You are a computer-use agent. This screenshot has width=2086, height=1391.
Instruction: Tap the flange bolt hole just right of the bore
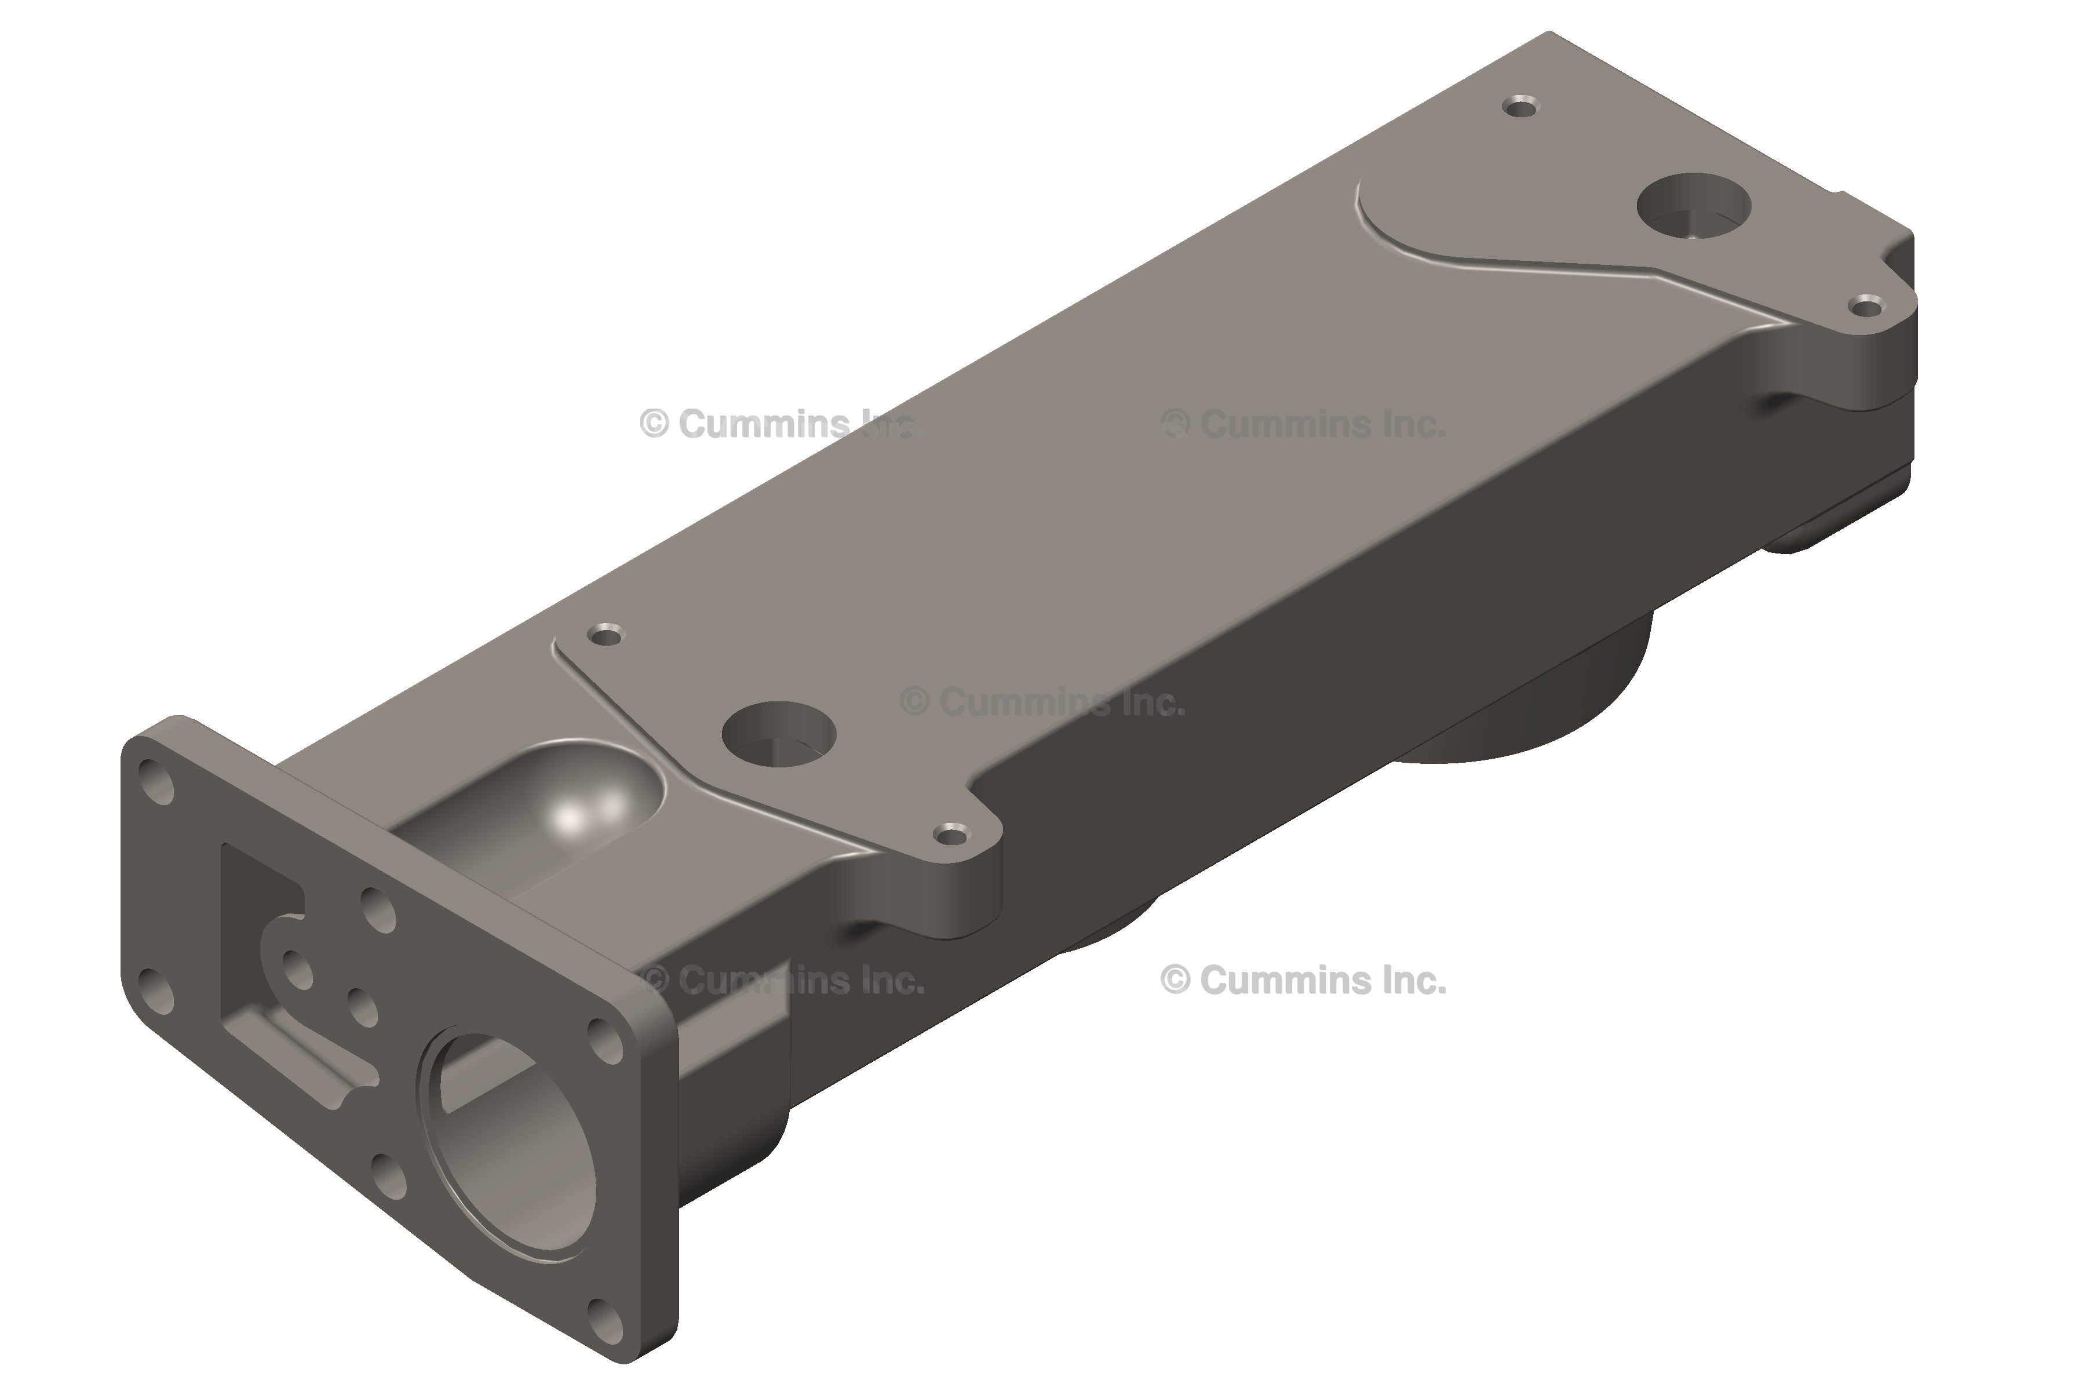(607, 1040)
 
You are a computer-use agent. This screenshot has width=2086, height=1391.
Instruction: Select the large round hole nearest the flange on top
(779, 735)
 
